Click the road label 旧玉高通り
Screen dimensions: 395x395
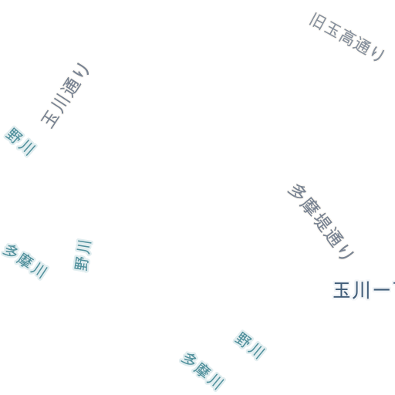(x=347, y=36)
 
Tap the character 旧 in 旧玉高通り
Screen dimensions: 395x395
(x=318, y=22)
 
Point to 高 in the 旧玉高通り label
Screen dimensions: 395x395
(x=346, y=38)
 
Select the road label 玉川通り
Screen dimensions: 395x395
(x=65, y=95)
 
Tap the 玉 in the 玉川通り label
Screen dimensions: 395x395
(x=50, y=119)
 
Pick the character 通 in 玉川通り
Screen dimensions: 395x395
(x=71, y=88)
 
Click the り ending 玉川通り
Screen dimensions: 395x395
(x=83, y=69)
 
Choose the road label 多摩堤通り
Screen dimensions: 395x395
(x=321, y=221)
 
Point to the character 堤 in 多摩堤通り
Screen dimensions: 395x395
(x=322, y=221)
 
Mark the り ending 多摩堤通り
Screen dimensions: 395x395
(x=346, y=252)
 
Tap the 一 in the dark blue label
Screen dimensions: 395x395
(x=381, y=290)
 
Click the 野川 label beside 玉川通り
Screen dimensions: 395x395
(x=20, y=141)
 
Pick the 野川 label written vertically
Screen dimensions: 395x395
(x=83, y=255)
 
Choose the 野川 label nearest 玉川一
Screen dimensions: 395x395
(x=250, y=345)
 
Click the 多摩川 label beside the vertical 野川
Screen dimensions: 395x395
(x=25, y=262)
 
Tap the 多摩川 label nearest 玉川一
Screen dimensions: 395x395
(x=202, y=371)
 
